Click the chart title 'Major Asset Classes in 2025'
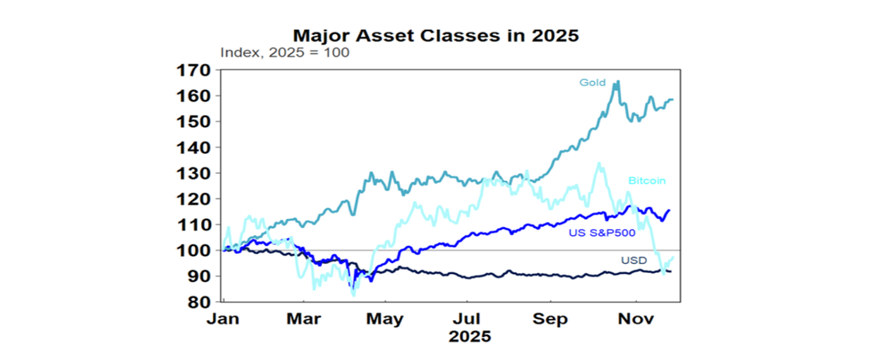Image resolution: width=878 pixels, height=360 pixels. click(436, 35)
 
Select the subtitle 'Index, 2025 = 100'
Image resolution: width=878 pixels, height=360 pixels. click(285, 53)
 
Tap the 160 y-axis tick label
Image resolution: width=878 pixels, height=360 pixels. click(194, 96)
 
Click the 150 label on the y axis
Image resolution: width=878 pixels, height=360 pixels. click(194, 122)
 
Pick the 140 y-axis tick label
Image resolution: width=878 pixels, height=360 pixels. click(194, 147)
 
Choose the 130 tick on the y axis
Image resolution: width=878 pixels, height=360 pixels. click(194, 173)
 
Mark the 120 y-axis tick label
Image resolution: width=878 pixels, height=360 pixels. click(194, 199)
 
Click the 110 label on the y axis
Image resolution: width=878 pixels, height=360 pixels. click(194, 225)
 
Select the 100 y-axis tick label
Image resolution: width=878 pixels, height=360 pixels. click(194, 250)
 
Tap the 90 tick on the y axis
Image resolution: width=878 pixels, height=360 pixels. click(198, 276)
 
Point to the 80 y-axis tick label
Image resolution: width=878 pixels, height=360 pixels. click(198, 302)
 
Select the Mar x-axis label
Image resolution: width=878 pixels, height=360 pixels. click(303, 318)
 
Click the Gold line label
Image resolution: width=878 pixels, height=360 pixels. click(592, 83)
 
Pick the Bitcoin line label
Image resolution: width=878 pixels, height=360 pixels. click(647, 181)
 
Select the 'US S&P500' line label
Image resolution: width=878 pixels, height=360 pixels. click(594, 233)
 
